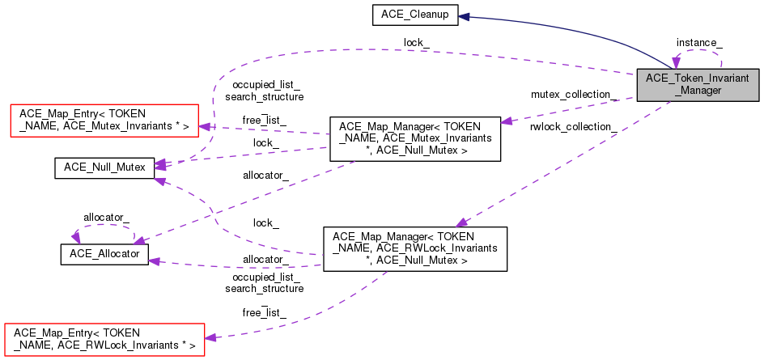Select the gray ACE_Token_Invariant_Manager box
pyautogui.click(x=698, y=84)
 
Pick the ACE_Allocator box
pyautogui.click(x=104, y=254)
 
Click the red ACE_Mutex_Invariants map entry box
pyautogui.click(x=103, y=120)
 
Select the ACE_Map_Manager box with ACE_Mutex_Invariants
pyautogui.click(x=414, y=138)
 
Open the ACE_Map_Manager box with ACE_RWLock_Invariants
pyautogui.click(x=415, y=248)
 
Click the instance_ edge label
pyautogui.click(x=699, y=41)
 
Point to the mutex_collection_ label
pyautogui.click(x=574, y=95)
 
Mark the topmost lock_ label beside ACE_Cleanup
pyautogui.click(x=418, y=42)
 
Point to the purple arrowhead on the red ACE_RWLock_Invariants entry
pyautogui.click(x=210, y=337)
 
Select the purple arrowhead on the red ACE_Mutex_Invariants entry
pyautogui.click(x=205, y=125)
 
